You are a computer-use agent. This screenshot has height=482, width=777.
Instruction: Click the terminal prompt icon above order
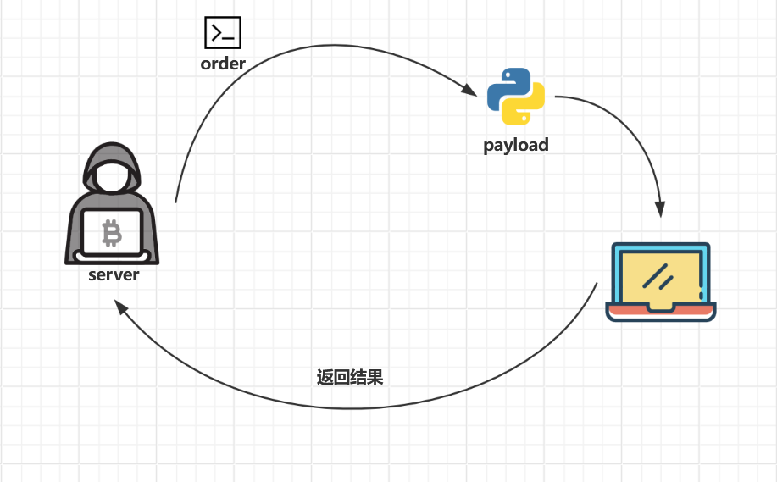coord(223,33)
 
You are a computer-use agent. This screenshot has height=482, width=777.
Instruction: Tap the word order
coord(223,64)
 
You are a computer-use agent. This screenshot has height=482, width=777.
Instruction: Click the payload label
coord(516,145)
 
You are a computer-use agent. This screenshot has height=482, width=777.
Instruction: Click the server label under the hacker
coord(114,275)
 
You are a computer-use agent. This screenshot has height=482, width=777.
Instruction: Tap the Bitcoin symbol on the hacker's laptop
coord(111,232)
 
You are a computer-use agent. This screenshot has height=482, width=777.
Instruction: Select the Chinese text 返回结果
coord(350,377)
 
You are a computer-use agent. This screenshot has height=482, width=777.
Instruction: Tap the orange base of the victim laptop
coord(660,309)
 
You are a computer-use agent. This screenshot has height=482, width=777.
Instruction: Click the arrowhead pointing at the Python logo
coord(469,89)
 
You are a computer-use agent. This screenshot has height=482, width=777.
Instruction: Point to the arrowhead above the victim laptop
coord(660,208)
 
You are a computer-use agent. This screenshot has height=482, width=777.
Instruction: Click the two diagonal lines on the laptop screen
coord(657,274)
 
